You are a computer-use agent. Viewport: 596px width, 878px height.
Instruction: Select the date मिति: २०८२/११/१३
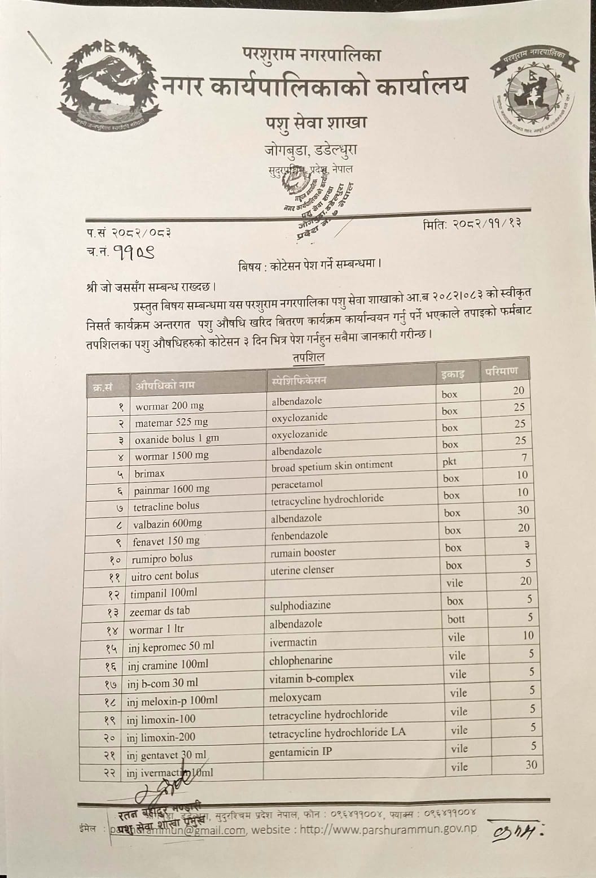[471, 224]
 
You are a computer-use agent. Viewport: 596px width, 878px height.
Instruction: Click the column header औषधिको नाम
[165, 385]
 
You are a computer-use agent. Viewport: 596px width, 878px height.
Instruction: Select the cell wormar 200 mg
[169, 406]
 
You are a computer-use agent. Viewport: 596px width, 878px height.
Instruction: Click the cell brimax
[150, 473]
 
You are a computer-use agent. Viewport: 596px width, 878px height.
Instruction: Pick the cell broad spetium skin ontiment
[332, 466]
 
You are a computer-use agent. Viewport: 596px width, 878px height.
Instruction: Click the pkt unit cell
[449, 462]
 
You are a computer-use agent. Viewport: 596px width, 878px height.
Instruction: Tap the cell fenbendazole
[299, 535]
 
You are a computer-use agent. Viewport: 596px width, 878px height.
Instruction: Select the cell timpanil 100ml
[164, 593]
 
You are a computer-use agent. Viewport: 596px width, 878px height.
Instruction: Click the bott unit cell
[456, 619]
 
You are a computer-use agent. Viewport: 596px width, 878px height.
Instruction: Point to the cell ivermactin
[293, 642]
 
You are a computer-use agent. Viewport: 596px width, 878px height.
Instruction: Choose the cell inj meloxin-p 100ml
[172, 701]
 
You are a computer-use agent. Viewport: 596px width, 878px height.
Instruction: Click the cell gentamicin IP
[300, 752]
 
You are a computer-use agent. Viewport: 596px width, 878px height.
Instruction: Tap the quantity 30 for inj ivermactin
[531, 765]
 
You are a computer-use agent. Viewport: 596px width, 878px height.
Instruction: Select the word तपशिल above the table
[308, 358]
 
